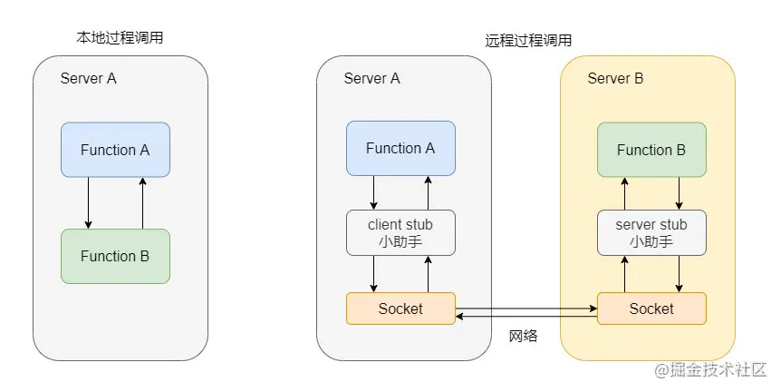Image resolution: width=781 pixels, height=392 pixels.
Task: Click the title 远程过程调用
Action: coord(527,41)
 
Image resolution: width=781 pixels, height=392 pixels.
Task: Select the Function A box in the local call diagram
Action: coord(115,150)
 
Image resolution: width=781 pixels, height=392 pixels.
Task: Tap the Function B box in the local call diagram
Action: coord(115,256)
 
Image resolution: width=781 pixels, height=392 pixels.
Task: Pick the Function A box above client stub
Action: coord(400,148)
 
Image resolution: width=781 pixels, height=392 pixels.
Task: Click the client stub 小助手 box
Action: coord(400,232)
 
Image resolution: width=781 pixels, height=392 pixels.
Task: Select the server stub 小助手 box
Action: coord(651,232)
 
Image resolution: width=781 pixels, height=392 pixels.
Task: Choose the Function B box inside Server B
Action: coord(651,150)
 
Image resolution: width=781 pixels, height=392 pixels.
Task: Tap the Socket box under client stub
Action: coord(400,309)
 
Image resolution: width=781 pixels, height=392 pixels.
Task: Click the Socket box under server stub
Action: coord(651,309)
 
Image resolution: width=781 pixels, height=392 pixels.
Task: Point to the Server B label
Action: coord(615,79)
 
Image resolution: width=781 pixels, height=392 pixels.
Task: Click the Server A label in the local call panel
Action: coord(89,78)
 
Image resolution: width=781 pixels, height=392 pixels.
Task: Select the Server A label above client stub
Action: coord(372,78)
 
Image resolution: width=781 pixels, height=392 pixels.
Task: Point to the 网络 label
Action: coord(524,337)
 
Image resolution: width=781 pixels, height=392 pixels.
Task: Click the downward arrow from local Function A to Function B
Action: coord(88,202)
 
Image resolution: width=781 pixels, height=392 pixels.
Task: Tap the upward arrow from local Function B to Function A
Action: coord(142,202)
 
